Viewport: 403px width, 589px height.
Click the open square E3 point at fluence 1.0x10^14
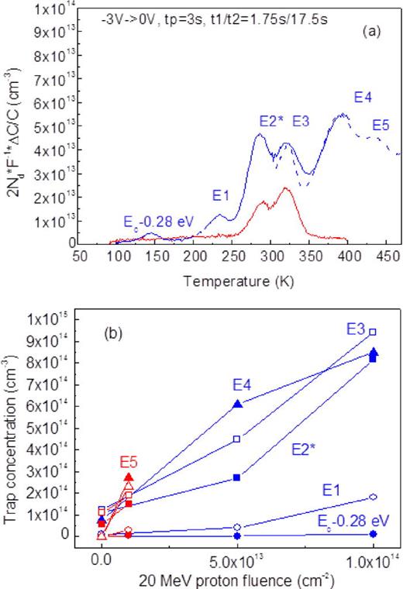pos(373,332)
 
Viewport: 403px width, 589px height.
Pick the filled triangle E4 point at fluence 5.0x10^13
pos(238,404)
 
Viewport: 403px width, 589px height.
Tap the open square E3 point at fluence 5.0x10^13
pos(237,439)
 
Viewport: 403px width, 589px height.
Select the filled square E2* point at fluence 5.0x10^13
pos(237,477)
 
